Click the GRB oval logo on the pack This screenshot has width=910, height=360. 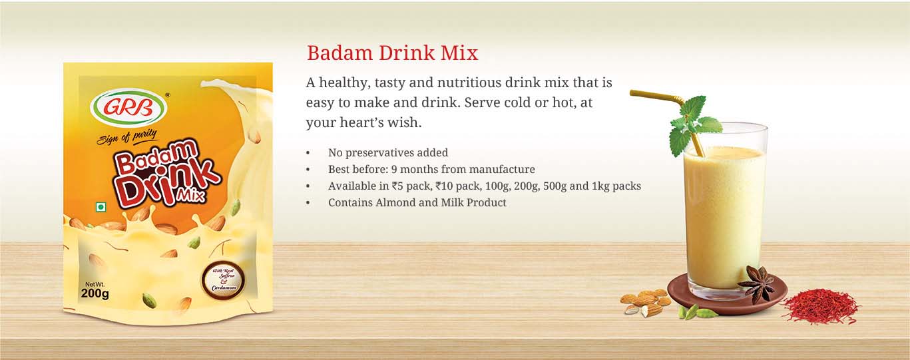pos(128,108)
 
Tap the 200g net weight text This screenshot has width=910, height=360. pos(95,293)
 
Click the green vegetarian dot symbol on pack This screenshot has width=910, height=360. pos(101,208)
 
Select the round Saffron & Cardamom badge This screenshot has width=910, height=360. pos(223,281)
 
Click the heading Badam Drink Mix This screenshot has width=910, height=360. pos(393,53)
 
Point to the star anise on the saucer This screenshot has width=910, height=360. pos(758,284)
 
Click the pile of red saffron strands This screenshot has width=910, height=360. pos(821,306)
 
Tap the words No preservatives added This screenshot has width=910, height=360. pos(388,153)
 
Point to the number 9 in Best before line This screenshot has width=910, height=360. pos(394,170)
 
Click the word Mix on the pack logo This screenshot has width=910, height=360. pos(192,196)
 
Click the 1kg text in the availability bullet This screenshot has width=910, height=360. pos(600,186)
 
